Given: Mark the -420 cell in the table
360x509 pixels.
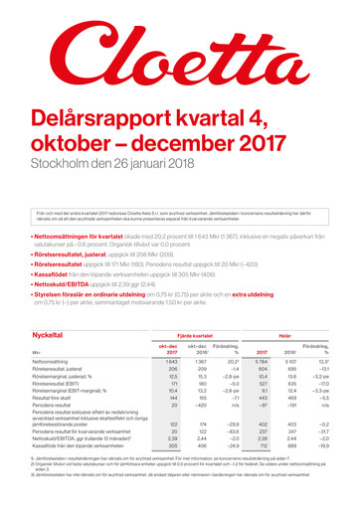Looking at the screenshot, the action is pyautogui.click(x=201, y=406).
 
